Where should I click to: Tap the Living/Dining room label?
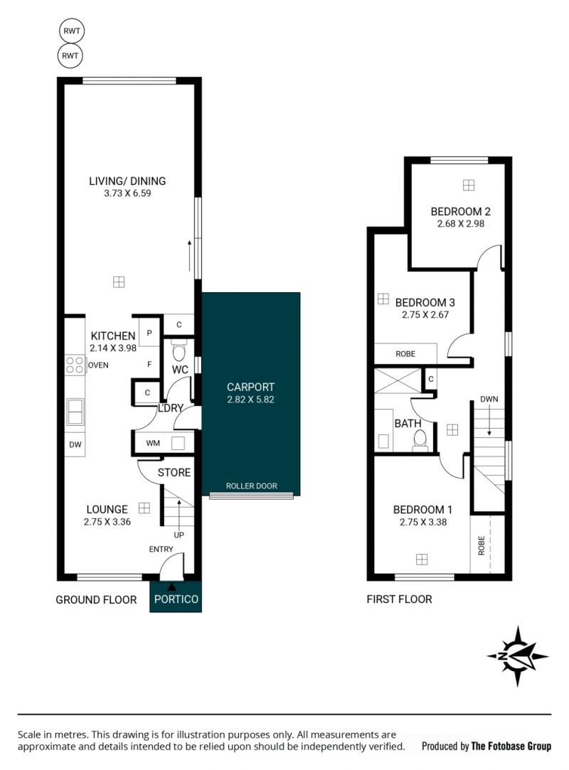(x=127, y=181)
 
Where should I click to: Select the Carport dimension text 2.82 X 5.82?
(x=250, y=400)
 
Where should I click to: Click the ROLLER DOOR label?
(x=252, y=486)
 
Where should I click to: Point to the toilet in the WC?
(x=179, y=350)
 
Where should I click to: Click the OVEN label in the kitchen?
(x=98, y=365)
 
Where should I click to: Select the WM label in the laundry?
(x=153, y=444)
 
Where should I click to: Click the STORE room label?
(x=174, y=473)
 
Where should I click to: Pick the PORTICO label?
(x=176, y=599)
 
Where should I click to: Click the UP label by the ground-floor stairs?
(x=179, y=535)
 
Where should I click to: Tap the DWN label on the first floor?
(x=489, y=400)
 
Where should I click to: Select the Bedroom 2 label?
(x=460, y=212)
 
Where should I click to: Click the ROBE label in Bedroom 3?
(x=405, y=354)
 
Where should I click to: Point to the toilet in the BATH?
(x=420, y=439)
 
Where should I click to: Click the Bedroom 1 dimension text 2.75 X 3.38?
(x=423, y=523)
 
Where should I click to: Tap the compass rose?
(x=518, y=656)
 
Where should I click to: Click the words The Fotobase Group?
(x=511, y=747)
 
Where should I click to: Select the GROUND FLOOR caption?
(x=96, y=599)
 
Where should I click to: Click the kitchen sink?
(x=75, y=412)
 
